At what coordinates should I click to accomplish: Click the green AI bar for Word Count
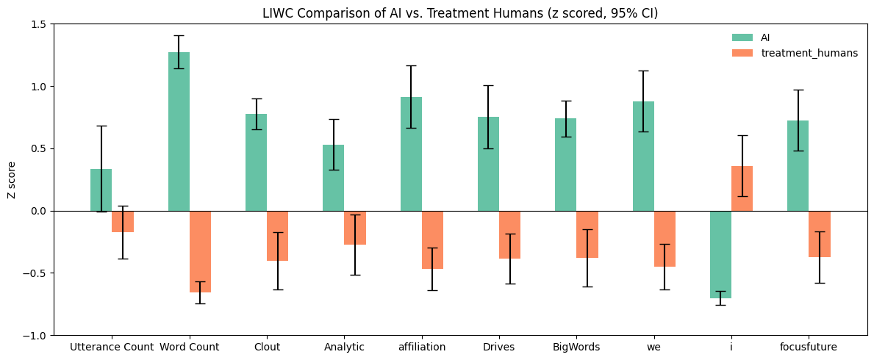(179, 132)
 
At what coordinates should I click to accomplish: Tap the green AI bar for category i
(720, 254)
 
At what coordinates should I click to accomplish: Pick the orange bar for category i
(742, 189)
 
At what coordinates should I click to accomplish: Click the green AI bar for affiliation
(411, 154)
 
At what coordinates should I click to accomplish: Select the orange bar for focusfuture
(820, 234)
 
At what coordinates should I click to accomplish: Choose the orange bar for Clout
(277, 236)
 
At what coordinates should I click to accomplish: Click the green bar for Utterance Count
(101, 190)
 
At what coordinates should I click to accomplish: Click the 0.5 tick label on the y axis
(38, 148)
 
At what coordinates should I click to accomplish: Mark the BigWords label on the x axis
(576, 348)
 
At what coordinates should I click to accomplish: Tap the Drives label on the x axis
(498, 348)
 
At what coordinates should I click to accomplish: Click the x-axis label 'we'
(653, 348)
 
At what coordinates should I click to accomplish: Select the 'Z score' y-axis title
(11, 180)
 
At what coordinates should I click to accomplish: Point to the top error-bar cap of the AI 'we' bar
(643, 71)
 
